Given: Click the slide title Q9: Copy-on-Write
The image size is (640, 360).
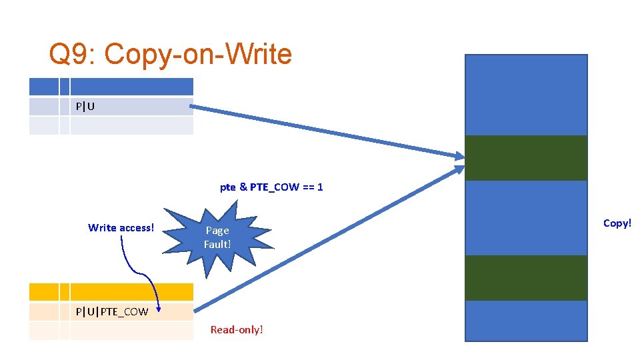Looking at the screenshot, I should tap(170, 55).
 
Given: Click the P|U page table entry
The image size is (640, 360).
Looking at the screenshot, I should tap(85, 106).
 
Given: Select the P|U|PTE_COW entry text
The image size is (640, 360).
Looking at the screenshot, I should tap(112, 311).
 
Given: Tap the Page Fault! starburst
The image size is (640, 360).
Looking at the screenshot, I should tap(217, 237).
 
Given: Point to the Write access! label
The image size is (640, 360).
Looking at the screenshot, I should tap(121, 228).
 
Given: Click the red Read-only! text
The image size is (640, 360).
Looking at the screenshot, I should tap(237, 329).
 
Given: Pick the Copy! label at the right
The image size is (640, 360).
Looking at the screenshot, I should tap(617, 223).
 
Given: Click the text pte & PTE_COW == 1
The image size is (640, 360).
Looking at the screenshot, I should tap(271, 187).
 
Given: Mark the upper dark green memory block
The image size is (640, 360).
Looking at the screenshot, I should tap(525, 158).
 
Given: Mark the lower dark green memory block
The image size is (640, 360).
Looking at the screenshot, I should tap(525, 278).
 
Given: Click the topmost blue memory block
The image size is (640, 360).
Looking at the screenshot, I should tap(525, 95).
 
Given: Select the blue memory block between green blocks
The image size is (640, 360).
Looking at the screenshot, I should tap(525, 218).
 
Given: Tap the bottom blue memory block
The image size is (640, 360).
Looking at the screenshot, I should tap(525, 321).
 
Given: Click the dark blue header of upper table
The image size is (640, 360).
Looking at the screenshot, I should tap(131, 87).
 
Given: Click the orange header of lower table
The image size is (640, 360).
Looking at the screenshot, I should tap(131, 291).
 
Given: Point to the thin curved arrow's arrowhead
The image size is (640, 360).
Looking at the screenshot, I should tap(158, 307).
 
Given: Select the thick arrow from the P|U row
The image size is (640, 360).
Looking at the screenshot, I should tap(327, 132).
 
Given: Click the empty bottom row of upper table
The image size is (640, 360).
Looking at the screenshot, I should tap(131, 126).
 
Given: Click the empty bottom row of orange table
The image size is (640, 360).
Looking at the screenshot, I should tap(131, 331).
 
